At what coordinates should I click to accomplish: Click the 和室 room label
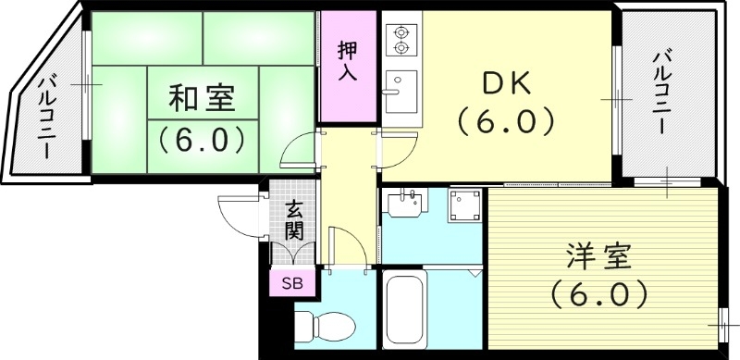tap(201, 97)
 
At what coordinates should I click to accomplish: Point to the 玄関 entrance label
tap(293, 222)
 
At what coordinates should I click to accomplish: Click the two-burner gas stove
tap(401, 38)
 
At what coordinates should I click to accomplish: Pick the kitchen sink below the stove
tap(401, 88)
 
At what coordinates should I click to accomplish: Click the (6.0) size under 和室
tap(201, 141)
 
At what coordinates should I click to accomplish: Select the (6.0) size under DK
tap(504, 120)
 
